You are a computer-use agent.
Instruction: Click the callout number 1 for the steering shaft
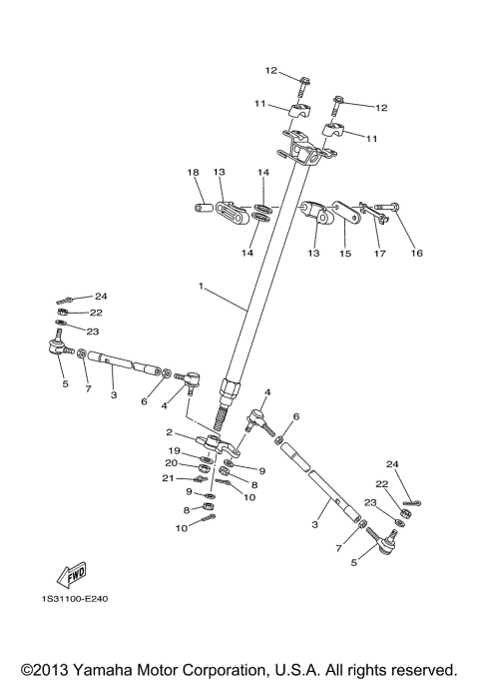201,287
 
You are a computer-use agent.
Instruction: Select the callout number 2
170,432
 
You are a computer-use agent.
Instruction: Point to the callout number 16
416,253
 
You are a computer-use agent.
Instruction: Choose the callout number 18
194,173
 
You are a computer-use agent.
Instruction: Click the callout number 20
171,463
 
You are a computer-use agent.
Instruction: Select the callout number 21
171,478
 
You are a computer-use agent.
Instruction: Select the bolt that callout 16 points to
387,208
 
